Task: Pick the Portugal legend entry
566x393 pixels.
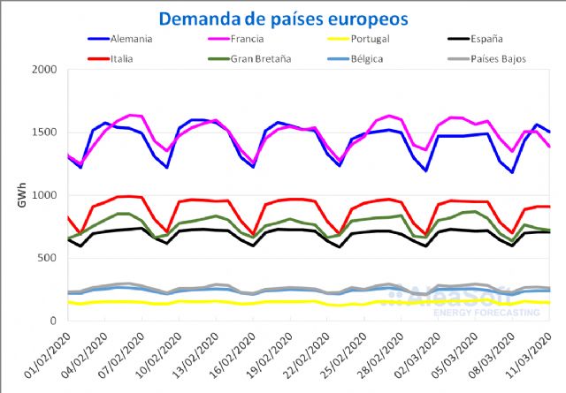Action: point(371,40)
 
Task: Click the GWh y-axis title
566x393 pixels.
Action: point(21,196)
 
